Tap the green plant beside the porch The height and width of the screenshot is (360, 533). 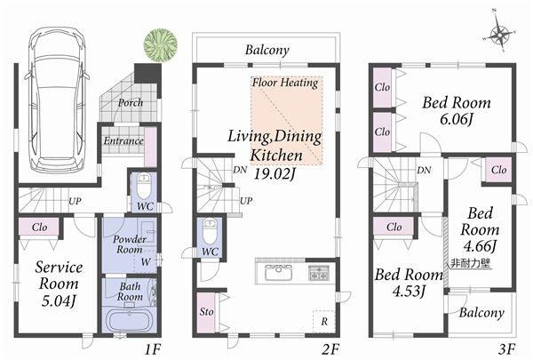coord(160,44)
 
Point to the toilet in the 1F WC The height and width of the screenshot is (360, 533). coord(142,189)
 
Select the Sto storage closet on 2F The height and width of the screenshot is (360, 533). coord(206,311)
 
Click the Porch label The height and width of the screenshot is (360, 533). coord(130,102)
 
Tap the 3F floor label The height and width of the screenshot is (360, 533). coord(507,350)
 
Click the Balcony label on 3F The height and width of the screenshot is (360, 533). coord(482,313)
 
